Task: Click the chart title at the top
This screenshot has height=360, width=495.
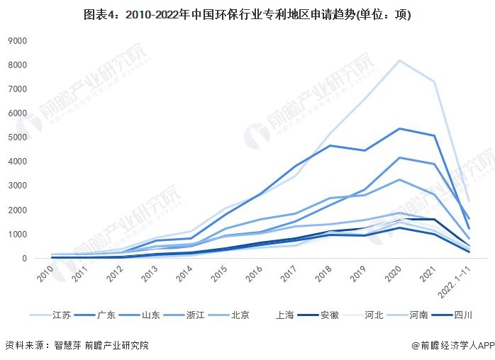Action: click(247, 15)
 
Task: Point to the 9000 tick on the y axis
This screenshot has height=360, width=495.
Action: click(17, 41)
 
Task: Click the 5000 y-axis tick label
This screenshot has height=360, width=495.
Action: click(17, 137)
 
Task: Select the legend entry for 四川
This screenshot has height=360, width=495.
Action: click(462, 315)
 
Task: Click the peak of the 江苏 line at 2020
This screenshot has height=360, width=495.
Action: click(400, 61)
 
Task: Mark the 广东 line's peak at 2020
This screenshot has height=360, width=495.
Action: click(400, 128)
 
